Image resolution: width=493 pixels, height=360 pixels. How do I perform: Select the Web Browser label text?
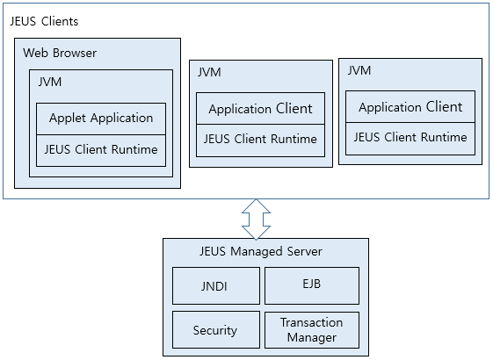pos(60,53)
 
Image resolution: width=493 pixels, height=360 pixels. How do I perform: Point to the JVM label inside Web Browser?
pos(50,83)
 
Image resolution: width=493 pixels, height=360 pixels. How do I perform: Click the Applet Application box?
pos(101,118)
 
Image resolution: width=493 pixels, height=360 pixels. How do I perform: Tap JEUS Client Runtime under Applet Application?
pos(101,149)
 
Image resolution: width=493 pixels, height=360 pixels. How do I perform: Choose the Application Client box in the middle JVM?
pos(260,109)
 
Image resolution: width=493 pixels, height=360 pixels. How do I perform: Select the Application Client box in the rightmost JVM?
pos(410,107)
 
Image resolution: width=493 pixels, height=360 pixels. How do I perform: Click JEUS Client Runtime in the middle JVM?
pos(260,139)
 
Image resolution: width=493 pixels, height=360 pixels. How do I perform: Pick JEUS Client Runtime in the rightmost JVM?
pos(410,137)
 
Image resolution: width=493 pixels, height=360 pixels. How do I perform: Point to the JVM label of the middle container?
pos(209,73)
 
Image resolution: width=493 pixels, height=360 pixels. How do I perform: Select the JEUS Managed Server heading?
pos(261,251)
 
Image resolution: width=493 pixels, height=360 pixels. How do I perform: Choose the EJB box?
pos(312,285)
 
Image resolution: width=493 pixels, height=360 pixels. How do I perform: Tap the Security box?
pos(215,330)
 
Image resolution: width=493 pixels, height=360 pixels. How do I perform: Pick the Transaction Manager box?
pos(312,329)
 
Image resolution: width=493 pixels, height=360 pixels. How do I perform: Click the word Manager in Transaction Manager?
pos(312,337)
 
